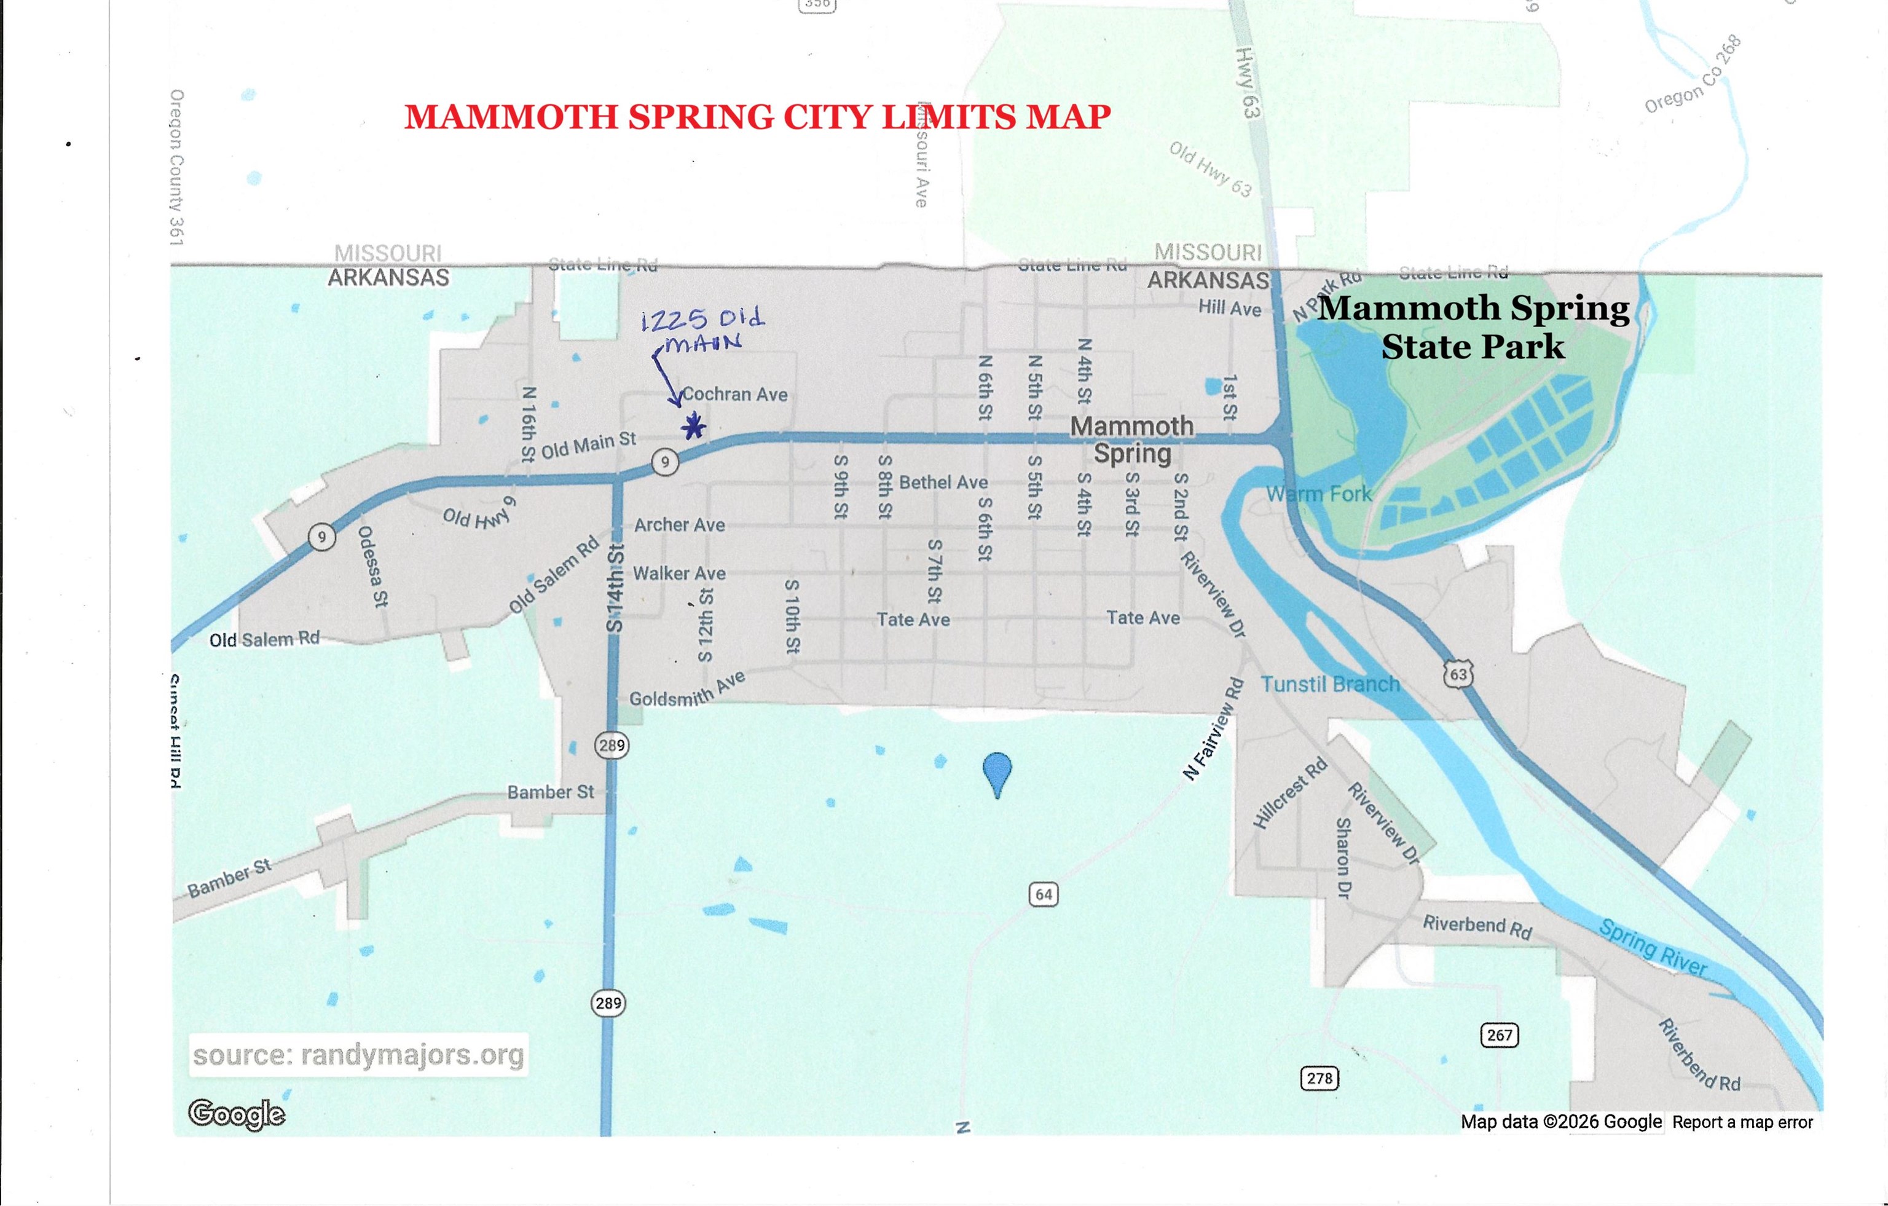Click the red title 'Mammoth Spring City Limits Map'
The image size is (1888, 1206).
(757, 117)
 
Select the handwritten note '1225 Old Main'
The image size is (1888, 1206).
(702, 330)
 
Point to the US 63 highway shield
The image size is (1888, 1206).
(1458, 674)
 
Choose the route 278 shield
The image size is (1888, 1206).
(1320, 1078)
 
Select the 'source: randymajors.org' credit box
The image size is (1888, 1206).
(358, 1055)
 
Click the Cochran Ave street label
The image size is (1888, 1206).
(734, 395)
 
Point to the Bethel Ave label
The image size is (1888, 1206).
(943, 483)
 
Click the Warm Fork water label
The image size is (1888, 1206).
(1319, 494)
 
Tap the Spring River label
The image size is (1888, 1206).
(1652, 948)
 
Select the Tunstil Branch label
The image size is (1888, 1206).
(1330, 685)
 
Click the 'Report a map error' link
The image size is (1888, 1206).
(1742, 1122)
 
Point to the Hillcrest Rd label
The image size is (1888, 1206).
(1290, 793)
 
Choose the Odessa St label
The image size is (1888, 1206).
(373, 566)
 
